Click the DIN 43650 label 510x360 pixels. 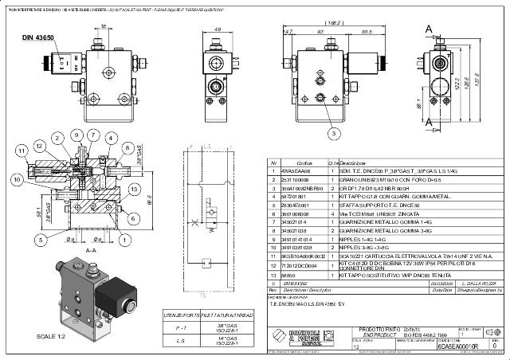pyautogui.click(x=37, y=38)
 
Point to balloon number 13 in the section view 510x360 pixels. pyautogui.click(x=135, y=189)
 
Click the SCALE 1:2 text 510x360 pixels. pyautogui.click(x=51, y=336)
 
